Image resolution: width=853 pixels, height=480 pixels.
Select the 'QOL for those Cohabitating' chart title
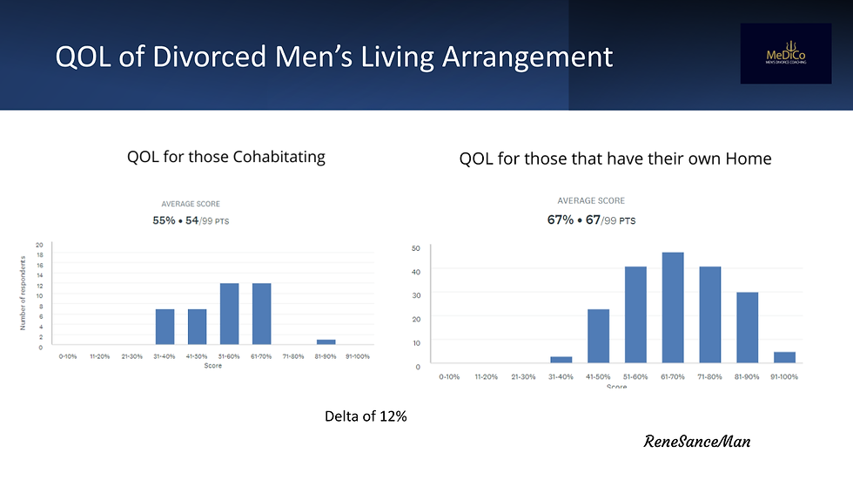pos(225,157)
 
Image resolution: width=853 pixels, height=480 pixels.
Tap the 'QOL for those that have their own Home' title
pos(615,159)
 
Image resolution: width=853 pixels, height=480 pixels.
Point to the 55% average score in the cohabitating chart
pos(164,220)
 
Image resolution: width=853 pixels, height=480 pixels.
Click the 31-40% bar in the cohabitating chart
pos(165,328)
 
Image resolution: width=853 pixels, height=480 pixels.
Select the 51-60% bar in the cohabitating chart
pos(230,314)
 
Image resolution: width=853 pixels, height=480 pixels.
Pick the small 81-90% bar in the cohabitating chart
pos(326,342)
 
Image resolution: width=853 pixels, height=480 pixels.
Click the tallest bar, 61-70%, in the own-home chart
pos(673,308)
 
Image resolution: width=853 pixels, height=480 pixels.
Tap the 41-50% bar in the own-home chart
pos(598,336)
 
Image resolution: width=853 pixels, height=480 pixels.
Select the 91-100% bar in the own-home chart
pos(784,357)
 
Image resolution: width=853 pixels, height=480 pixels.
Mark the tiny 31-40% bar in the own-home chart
pos(561,360)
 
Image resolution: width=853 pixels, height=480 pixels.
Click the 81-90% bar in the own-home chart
pos(747,328)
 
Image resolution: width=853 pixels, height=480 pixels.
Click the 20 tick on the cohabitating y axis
pos(39,245)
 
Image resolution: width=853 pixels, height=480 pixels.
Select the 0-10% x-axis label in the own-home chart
pos(448,376)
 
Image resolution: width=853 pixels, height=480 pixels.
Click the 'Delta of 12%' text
pos(365,416)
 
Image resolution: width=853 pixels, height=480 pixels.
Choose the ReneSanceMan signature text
pos(696,442)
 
